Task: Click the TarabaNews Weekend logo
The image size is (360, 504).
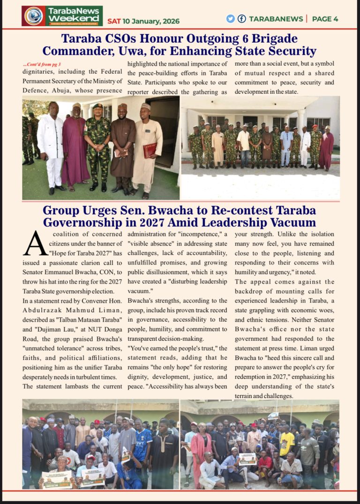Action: coord(62,15)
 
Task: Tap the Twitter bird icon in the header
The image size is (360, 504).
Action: coord(230,19)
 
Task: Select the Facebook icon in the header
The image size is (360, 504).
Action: coord(242,19)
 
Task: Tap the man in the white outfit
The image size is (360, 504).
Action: coord(50,145)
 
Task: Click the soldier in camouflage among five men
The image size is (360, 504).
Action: coord(97,145)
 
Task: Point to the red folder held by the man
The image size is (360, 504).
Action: coord(150,150)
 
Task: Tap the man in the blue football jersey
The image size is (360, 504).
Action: coord(143,445)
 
